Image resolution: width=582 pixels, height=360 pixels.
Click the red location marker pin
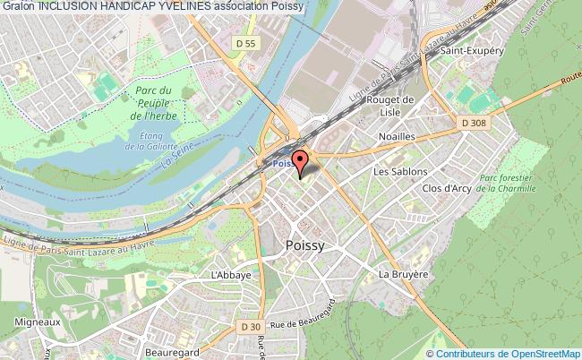point(301,161)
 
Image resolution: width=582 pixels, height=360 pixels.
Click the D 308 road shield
point(475,121)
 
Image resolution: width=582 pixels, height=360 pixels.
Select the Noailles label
point(396,135)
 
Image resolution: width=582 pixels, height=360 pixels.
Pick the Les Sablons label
point(400,171)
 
